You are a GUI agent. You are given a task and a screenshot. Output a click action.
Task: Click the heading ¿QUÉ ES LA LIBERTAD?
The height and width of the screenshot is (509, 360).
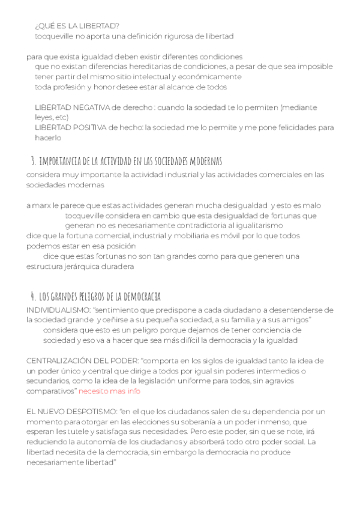(x=77, y=25)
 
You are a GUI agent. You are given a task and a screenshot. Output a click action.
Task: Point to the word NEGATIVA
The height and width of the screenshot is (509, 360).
(x=85, y=107)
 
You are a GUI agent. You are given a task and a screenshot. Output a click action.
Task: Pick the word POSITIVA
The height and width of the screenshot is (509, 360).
(x=83, y=127)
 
